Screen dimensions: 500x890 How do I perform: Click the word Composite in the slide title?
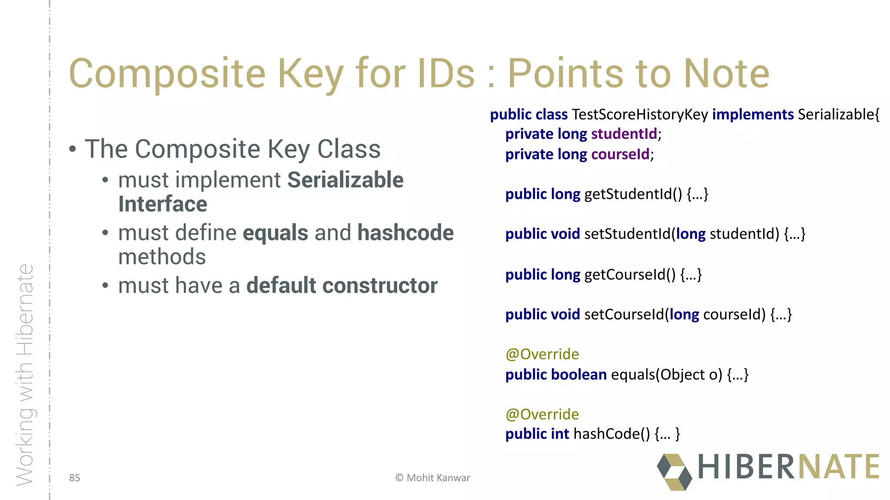pos(167,74)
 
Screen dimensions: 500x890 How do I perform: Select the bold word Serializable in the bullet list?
pos(345,180)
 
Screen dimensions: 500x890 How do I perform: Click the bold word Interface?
pos(163,204)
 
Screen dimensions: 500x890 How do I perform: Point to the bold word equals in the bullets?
pos(276,233)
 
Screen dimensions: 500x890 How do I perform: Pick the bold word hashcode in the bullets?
pos(405,233)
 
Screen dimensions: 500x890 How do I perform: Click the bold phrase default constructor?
pos(342,286)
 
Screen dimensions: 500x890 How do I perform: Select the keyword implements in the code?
pos(753,115)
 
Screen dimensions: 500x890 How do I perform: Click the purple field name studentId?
pos(624,134)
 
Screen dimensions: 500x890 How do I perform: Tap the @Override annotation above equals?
pos(542,354)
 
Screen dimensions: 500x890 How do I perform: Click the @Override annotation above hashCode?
pos(542,414)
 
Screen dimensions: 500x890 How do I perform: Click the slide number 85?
pos(75,478)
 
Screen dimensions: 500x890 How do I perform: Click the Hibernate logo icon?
pos(674,472)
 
